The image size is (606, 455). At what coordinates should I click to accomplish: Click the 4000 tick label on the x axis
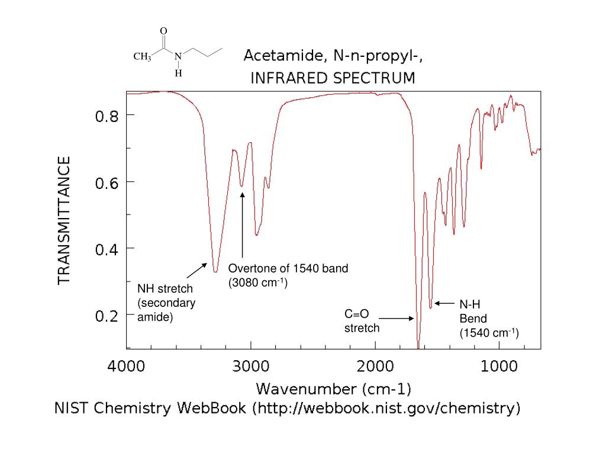tap(126, 366)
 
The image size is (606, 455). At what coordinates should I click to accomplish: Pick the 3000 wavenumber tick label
tap(251, 366)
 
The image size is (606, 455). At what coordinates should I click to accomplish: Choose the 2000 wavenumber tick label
tap(376, 366)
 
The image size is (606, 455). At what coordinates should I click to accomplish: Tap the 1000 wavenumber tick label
tap(500, 366)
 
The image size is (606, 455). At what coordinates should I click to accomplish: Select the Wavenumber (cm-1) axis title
tap(334, 389)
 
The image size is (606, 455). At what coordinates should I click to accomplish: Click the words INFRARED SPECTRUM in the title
tap(333, 78)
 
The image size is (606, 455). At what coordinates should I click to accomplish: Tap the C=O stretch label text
tap(362, 321)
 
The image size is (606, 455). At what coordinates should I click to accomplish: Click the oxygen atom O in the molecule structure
tap(164, 31)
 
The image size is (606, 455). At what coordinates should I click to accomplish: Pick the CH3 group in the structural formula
tap(142, 57)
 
